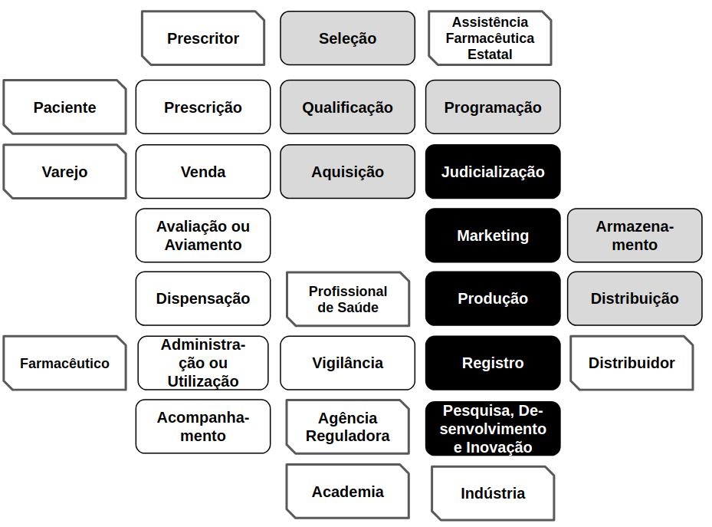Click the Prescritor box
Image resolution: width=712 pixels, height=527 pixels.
[x=203, y=38]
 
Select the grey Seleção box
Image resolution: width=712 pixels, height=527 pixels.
[x=347, y=38]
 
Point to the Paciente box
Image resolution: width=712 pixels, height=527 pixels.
[x=64, y=107]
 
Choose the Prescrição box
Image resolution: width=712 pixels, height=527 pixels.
[x=203, y=107]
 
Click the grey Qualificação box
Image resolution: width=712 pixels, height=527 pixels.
[x=347, y=107]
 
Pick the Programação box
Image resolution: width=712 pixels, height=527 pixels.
[x=493, y=107]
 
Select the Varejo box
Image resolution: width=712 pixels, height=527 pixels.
[x=64, y=172]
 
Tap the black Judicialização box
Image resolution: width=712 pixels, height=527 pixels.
[x=493, y=172]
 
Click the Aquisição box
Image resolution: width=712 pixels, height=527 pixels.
[x=347, y=172]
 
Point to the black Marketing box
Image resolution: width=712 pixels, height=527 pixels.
[x=493, y=236]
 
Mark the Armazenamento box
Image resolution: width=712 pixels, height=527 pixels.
[x=635, y=236]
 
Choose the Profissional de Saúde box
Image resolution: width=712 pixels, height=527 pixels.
[x=347, y=299]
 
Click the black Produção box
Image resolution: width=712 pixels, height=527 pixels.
[x=493, y=298]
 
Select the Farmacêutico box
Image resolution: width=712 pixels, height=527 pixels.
[x=64, y=363]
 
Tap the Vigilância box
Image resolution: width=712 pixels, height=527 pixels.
[x=347, y=363]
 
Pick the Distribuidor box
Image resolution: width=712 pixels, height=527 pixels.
[x=632, y=363]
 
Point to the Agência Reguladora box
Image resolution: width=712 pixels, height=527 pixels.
[x=347, y=427]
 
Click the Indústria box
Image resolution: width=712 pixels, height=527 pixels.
[x=493, y=493]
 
